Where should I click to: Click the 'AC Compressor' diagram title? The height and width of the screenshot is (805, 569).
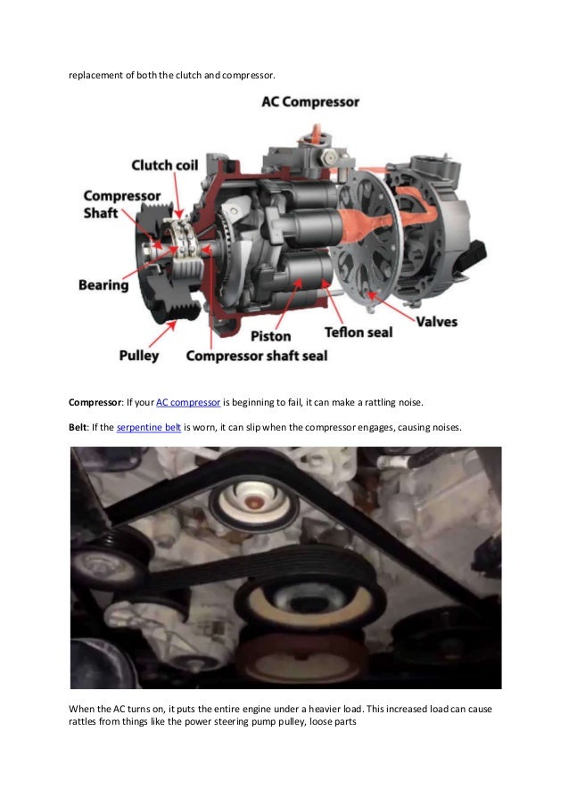point(310,102)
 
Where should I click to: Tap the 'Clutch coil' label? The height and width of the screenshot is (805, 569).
point(165,165)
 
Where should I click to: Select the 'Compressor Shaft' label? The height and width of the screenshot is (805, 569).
point(122,204)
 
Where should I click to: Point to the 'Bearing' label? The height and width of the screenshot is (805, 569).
point(103,285)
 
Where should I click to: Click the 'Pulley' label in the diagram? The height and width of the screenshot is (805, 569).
point(138,356)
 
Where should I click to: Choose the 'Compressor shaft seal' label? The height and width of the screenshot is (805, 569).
point(257,356)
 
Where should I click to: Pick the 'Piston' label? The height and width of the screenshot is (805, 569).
point(270,336)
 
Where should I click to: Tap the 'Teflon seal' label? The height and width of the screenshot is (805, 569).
point(359,333)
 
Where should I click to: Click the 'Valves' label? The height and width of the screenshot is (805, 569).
point(436,322)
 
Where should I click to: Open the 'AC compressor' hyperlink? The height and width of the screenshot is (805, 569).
point(188,403)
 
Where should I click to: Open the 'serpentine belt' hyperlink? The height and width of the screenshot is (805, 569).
point(149,427)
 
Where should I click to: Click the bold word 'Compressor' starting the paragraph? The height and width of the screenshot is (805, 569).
point(95,403)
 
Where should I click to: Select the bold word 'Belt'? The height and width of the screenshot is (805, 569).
point(78,427)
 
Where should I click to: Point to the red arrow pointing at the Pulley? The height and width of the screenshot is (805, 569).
point(162,333)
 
